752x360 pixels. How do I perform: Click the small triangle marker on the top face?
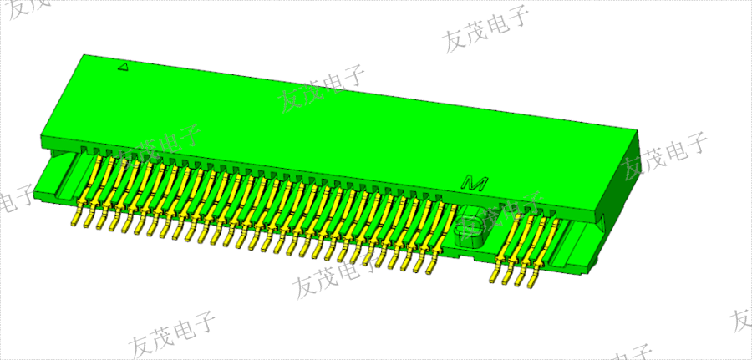pyautogui.click(x=123, y=68)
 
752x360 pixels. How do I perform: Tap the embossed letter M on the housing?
pyautogui.click(x=475, y=181)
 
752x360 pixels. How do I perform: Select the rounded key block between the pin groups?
pyautogui.click(x=471, y=226)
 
